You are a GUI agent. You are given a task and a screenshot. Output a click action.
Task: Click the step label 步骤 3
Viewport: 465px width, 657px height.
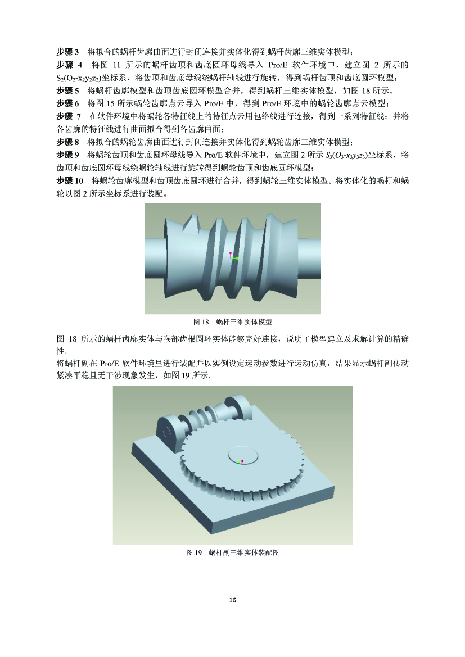(x=67, y=52)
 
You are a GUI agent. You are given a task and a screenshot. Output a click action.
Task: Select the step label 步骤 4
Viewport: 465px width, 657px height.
(x=69, y=65)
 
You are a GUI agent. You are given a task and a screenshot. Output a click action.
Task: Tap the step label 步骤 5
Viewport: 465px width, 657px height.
(x=67, y=90)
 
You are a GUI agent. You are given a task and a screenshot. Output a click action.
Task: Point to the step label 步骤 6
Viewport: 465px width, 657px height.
(x=67, y=103)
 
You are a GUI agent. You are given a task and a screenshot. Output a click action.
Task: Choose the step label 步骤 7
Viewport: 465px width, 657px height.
(x=69, y=116)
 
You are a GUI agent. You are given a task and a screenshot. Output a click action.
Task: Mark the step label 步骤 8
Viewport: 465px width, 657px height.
(x=67, y=142)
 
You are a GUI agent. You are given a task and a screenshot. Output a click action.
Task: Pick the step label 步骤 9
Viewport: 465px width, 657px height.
(x=67, y=155)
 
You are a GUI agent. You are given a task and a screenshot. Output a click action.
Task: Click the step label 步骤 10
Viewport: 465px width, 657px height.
(x=70, y=181)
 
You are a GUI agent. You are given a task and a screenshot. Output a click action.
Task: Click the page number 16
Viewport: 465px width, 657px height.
(x=233, y=600)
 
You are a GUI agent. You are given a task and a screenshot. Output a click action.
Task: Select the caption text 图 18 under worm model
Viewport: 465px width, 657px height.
(x=201, y=322)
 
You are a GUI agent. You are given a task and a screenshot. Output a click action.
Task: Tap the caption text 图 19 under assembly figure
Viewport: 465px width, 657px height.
(x=194, y=552)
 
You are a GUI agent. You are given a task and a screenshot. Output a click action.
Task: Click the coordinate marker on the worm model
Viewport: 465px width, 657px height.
(x=232, y=257)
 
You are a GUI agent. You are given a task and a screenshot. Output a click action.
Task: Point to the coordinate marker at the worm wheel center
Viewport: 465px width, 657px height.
(x=241, y=463)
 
